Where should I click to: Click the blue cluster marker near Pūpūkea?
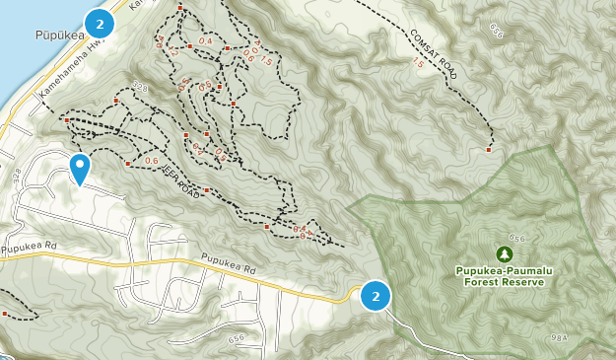99,22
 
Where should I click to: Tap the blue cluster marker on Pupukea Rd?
375,296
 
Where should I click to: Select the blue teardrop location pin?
80,168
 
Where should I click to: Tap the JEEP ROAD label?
181,183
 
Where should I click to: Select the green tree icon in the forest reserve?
505,253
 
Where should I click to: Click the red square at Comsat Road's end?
489,151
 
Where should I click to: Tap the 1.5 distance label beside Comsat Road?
416,62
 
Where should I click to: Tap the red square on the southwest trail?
6,315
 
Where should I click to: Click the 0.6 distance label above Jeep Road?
151,161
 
